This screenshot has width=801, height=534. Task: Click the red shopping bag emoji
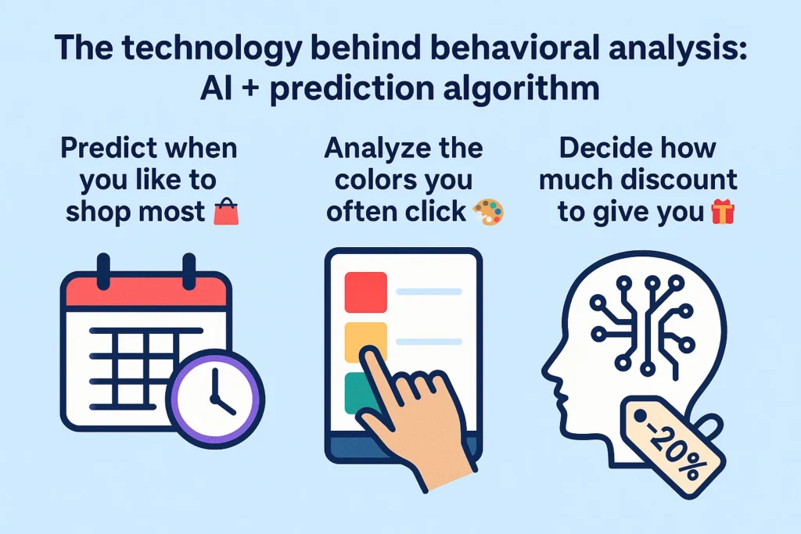226,212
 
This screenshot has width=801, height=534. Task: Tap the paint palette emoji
488,212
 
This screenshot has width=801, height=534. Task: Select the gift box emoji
723,212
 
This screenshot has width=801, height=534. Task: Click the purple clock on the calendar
215,399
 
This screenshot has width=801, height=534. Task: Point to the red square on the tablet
366,292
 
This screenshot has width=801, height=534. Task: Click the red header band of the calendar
146,292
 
